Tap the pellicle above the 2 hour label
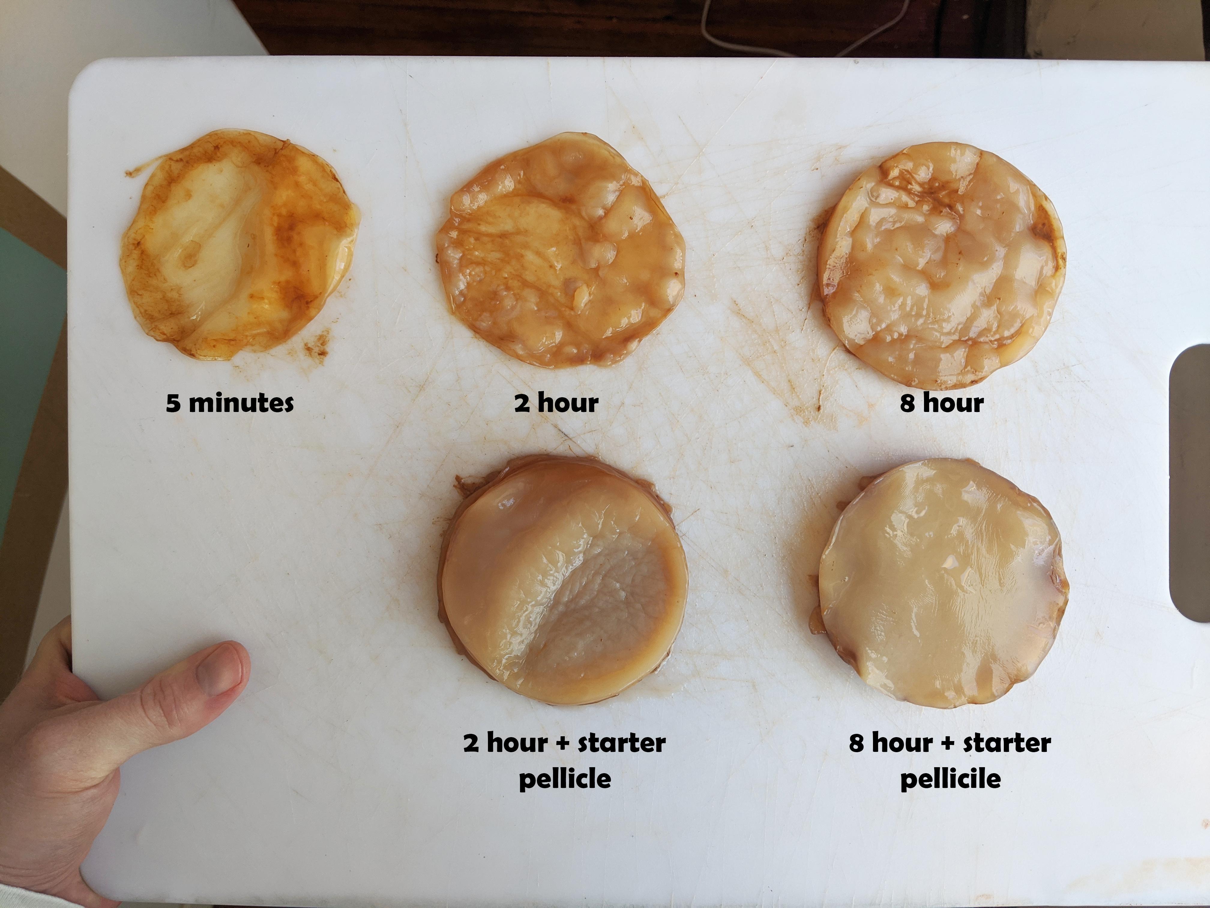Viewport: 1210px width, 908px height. (561, 252)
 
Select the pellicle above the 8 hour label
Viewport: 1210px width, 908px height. (941, 268)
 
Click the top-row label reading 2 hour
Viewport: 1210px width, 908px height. (556, 403)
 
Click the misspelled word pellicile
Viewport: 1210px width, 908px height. (950, 779)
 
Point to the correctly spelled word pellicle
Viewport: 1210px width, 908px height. (564, 779)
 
